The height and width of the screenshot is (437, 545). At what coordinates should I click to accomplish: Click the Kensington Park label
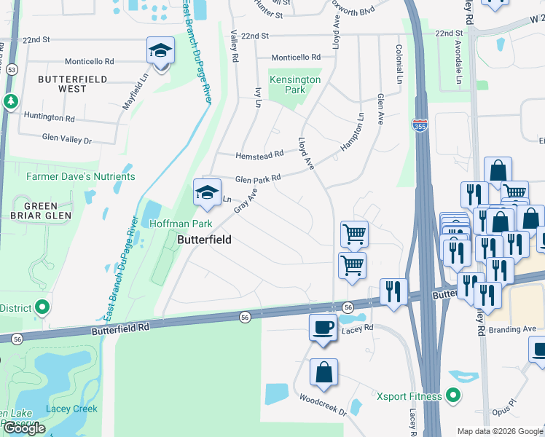coord(295,84)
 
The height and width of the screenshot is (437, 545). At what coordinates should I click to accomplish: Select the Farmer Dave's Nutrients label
coord(81,176)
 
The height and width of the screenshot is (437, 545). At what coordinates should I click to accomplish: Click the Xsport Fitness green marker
coord(453,396)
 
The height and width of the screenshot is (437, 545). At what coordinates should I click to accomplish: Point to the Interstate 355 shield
coord(420,125)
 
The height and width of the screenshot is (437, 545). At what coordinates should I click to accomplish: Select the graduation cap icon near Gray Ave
coord(207,193)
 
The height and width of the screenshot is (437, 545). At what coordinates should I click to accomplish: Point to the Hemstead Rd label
coord(259,155)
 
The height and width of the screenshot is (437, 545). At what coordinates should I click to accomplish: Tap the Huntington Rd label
coord(50,117)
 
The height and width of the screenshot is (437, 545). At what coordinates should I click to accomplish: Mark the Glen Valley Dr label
coord(67,138)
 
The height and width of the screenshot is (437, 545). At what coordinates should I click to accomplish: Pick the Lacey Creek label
coord(71,409)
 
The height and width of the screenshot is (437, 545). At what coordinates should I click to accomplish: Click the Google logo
coord(24,428)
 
